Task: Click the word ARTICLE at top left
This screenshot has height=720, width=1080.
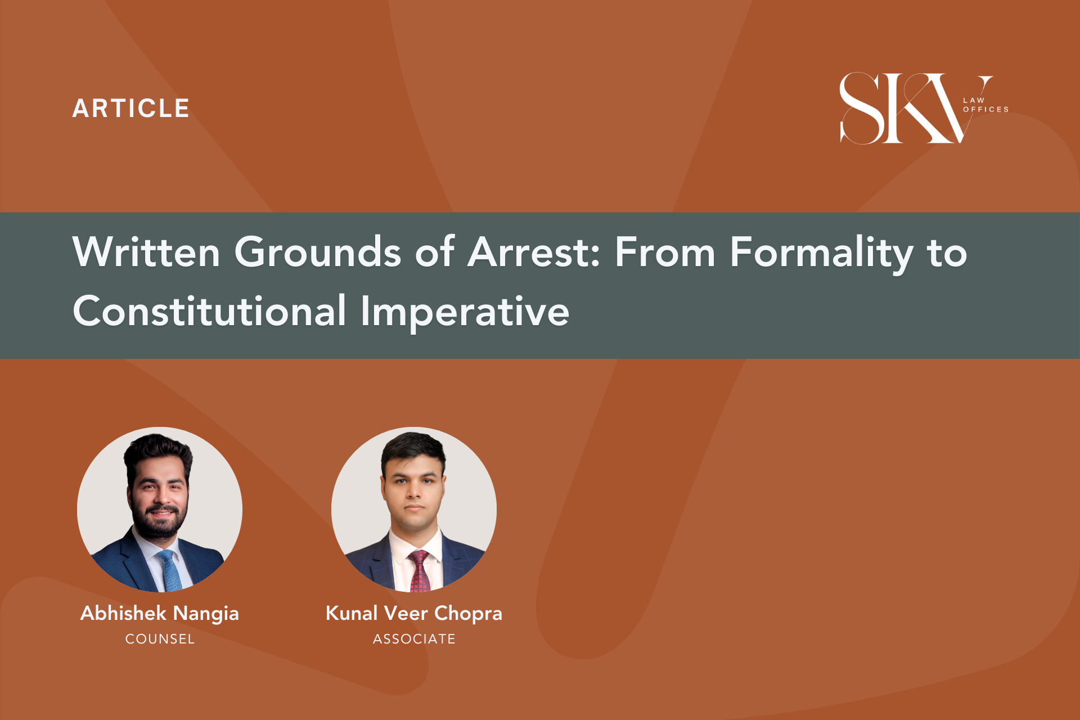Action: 130,109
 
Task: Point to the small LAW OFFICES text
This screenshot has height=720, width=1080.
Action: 985,105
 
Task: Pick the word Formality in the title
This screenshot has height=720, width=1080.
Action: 822,254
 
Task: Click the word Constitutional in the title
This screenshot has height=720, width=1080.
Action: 209,310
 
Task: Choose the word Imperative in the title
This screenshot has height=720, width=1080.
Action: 465,313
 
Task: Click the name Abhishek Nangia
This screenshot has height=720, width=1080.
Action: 160,614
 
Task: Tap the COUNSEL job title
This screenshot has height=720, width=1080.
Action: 160,639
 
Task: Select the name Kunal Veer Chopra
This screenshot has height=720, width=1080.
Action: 414,614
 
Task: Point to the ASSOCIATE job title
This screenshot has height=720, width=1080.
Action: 414,639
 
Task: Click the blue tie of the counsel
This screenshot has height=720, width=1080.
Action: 170,571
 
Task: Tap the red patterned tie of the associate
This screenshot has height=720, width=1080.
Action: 418,571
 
